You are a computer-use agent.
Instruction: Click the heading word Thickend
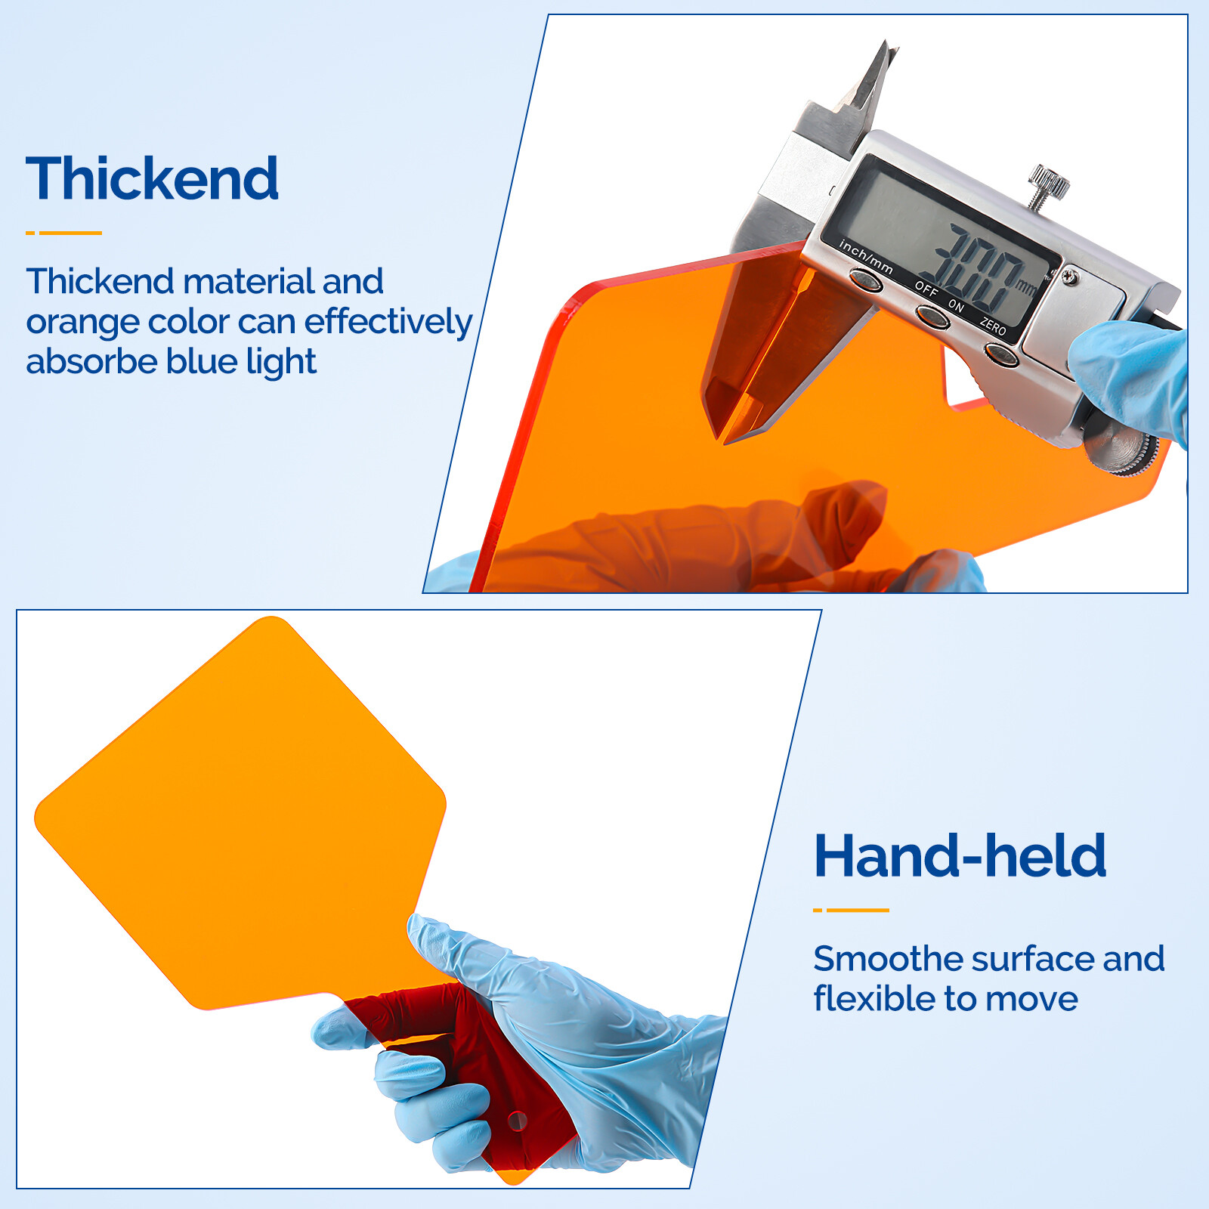pyautogui.click(x=152, y=179)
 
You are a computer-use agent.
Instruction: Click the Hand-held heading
pyautogui.click(x=960, y=856)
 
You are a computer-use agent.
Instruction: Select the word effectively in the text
pyautogui.click(x=388, y=321)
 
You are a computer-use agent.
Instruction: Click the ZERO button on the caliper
pyautogui.click(x=1000, y=353)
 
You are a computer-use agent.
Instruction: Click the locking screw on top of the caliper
pyautogui.click(x=1047, y=184)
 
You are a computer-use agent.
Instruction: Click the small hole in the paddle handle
pyautogui.click(x=517, y=1120)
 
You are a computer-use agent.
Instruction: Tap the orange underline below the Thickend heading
pyautogui.click(x=64, y=233)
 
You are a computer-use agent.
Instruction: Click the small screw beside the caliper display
pyautogui.click(x=1069, y=277)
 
